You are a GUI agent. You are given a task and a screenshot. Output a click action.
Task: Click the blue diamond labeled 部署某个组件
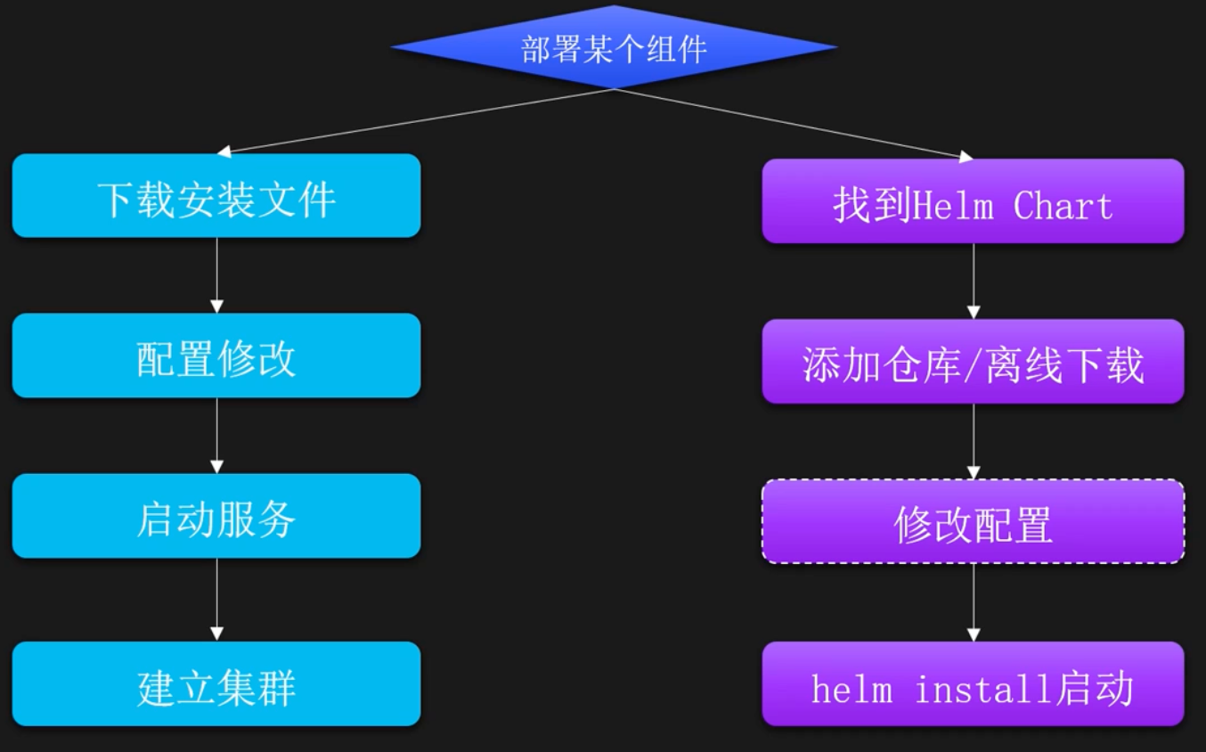pyautogui.click(x=614, y=48)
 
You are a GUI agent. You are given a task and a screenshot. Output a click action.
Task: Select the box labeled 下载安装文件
pyautogui.click(x=216, y=196)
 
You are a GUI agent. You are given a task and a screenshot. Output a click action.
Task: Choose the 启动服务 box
pyautogui.click(x=216, y=516)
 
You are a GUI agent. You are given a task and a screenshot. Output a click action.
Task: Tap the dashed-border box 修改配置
pyautogui.click(x=973, y=522)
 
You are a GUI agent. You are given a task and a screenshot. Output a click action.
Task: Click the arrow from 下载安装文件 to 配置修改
pyautogui.click(x=216, y=275)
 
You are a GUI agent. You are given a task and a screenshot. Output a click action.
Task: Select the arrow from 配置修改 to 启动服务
pyautogui.click(x=216, y=436)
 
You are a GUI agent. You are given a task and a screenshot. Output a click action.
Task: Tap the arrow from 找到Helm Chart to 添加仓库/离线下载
pyautogui.click(x=974, y=282)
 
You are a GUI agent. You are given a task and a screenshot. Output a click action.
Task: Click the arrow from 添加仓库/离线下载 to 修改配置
pyautogui.click(x=974, y=442)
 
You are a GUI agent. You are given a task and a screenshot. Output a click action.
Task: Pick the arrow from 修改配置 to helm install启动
pyautogui.click(x=974, y=602)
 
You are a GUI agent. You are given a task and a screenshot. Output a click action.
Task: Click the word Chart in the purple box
pyautogui.click(x=1063, y=206)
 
